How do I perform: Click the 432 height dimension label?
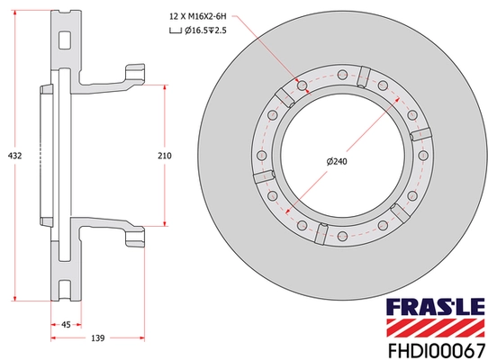coord(14,156)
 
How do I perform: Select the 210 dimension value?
coord(164,156)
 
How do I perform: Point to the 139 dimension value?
coord(97,339)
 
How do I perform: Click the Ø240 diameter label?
coord(337,160)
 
